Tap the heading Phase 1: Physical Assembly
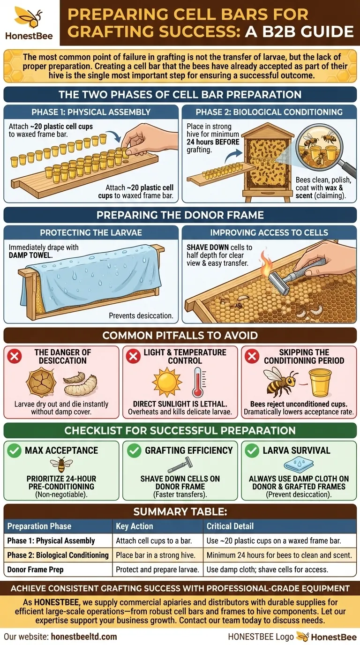(90, 112)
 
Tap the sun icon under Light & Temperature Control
(166, 382)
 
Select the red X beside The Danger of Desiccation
(15, 356)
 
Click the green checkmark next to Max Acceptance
(15, 450)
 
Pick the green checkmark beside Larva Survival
(252, 450)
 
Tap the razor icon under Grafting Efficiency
(180, 466)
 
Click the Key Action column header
(135, 526)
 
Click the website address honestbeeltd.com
(78, 637)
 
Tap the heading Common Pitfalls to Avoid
(180, 336)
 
